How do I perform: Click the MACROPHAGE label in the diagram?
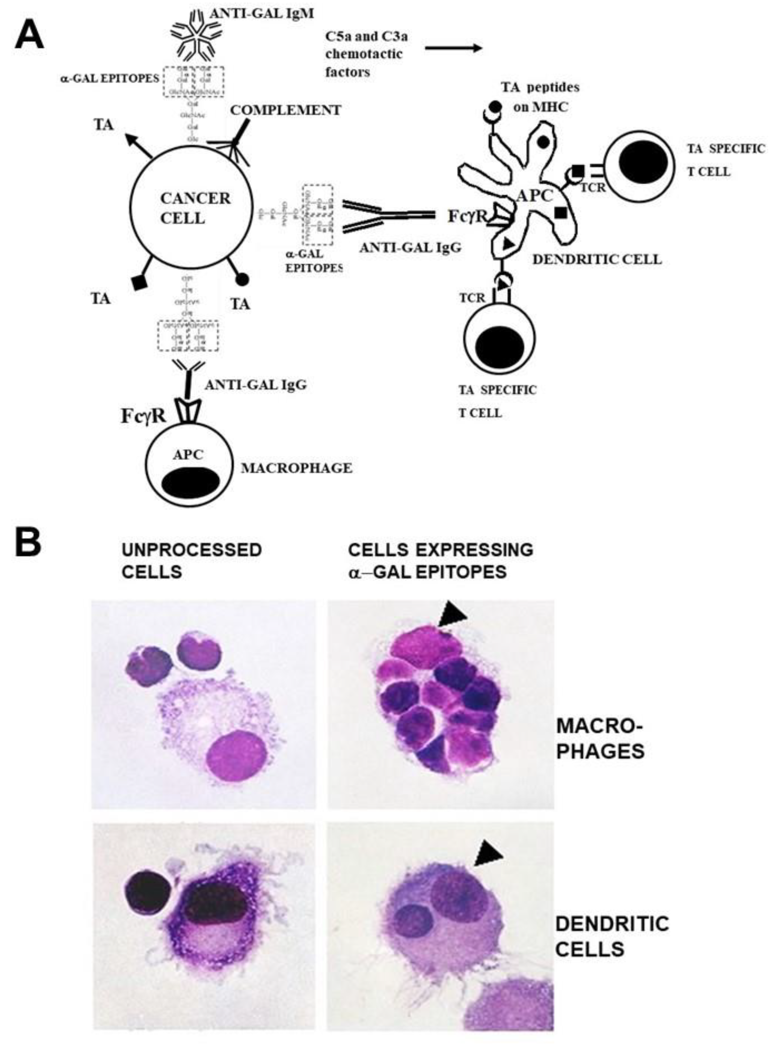296,468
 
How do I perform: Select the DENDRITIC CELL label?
597,259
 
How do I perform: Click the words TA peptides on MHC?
540,97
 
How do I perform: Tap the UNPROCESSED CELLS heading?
191,561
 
